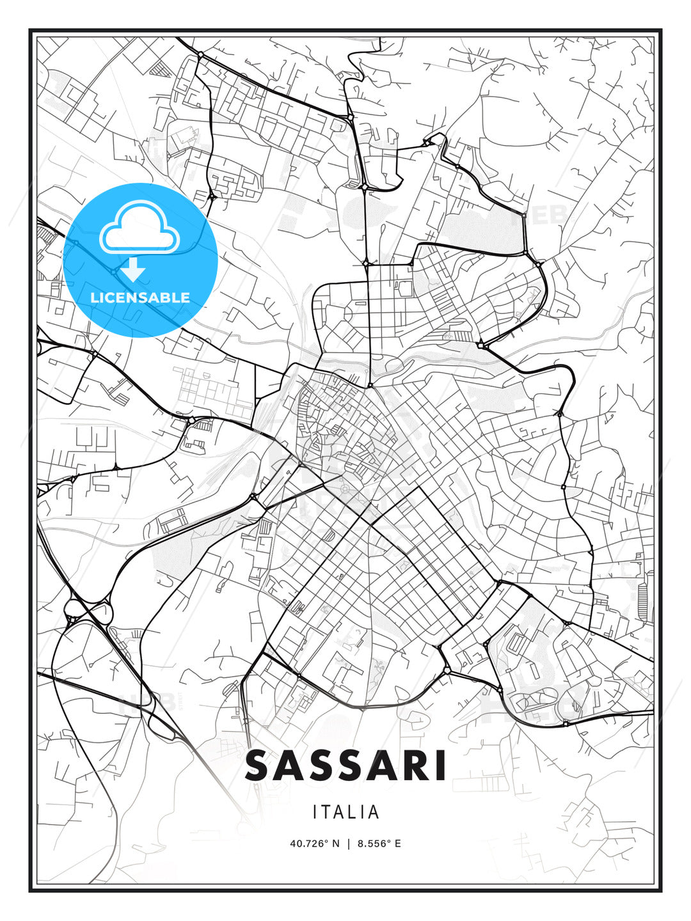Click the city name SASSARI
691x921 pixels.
(345, 766)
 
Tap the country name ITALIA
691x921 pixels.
(345, 812)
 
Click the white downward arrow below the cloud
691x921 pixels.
(133, 270)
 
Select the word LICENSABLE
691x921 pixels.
(140, 297)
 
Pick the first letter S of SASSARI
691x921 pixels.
(260, 766)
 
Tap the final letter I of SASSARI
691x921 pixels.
(440, 766)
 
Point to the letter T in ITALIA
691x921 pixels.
(330, 812)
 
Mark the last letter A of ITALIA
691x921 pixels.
(374, 812)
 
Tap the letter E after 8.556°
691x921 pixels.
(397, 844)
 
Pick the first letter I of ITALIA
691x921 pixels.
(315, 812)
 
